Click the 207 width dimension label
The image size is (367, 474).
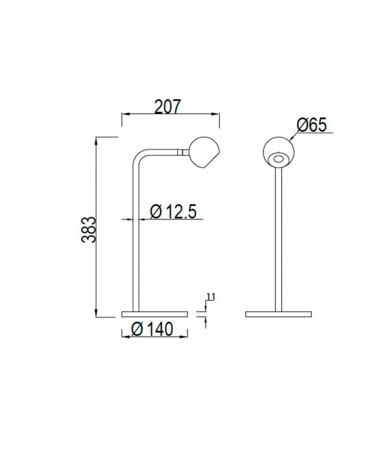167,107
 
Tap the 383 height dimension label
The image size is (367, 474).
89,230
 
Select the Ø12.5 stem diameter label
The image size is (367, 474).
173,212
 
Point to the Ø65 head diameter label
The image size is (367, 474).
312,125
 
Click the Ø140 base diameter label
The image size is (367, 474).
152,329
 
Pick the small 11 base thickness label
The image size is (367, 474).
211,297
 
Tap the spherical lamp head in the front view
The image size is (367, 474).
279,152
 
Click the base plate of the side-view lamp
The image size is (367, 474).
154,314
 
